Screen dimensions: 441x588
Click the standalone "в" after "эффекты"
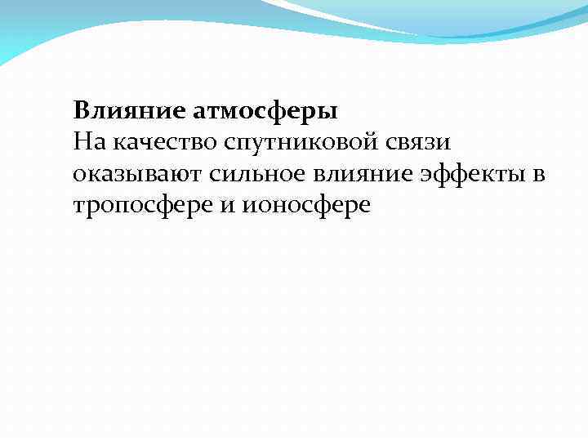pos(540,175)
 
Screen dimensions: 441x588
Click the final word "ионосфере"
pos(307,207)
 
